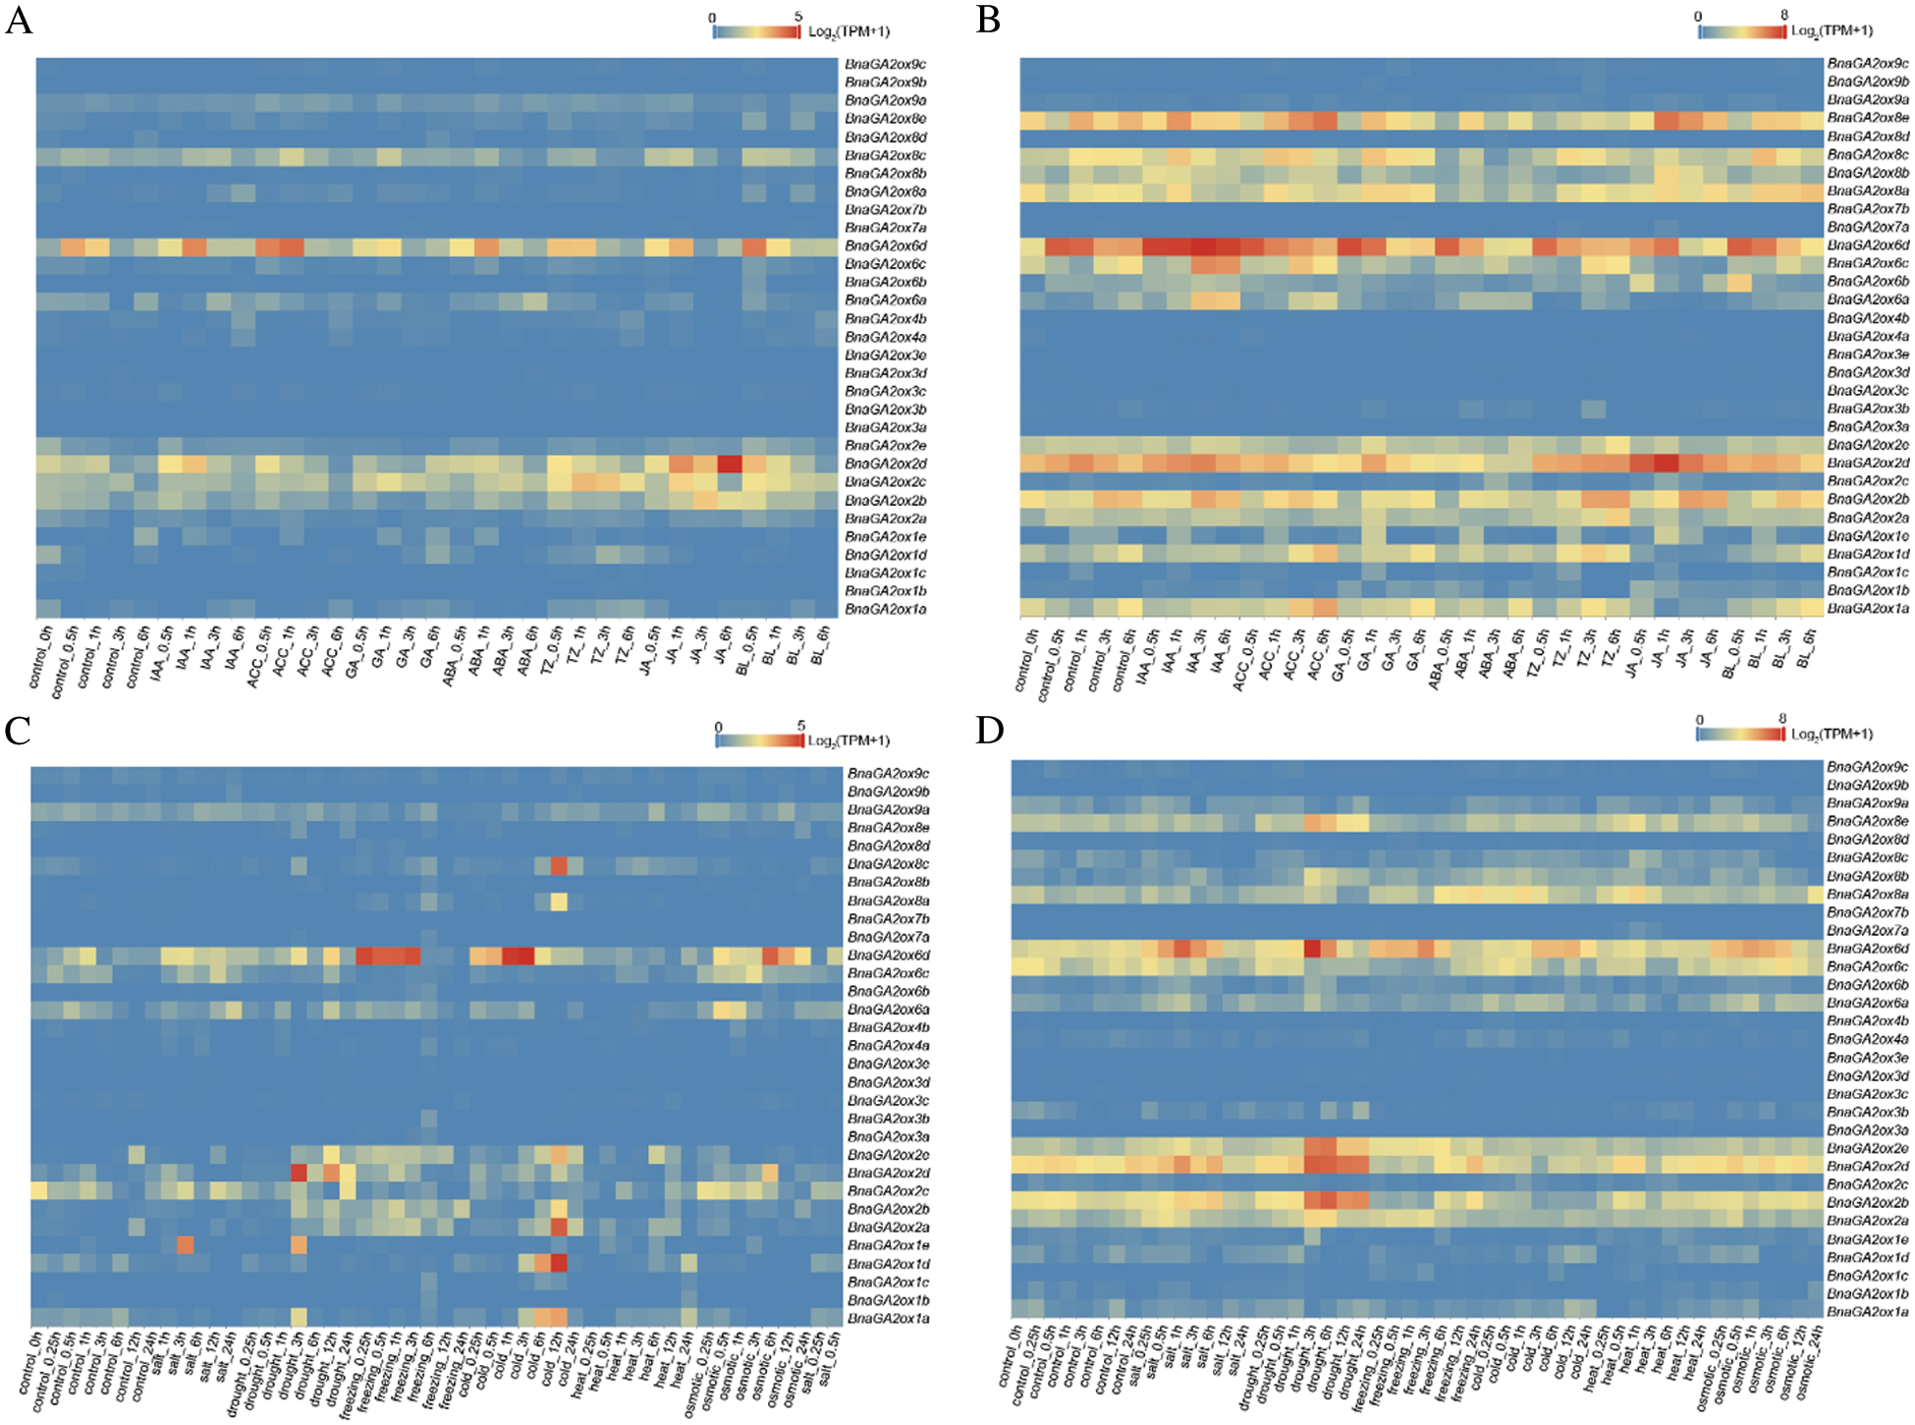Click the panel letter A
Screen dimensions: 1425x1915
point(18,20)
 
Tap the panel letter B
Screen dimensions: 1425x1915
point(988,20)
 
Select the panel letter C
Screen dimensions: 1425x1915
point(18,731)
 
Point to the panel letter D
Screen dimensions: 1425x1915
point(989,731)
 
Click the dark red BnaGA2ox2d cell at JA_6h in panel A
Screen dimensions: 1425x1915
point(729,464)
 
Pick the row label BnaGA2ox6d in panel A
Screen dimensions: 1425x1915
point(885,246)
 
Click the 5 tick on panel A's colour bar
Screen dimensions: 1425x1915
point(798,17)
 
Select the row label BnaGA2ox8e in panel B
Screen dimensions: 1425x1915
point(1868,118)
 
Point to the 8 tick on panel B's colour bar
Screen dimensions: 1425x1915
point(1784,15)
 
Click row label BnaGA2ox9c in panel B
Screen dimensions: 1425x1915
point(1868,64)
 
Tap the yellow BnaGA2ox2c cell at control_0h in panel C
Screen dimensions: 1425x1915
point(39,1190)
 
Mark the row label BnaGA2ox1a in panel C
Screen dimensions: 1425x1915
point(888,1318)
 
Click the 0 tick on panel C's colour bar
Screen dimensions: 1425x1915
point(719,727)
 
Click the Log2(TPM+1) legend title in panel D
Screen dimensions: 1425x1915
point(1832,734)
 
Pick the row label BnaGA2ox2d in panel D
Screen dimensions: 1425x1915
point(1868,1166)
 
